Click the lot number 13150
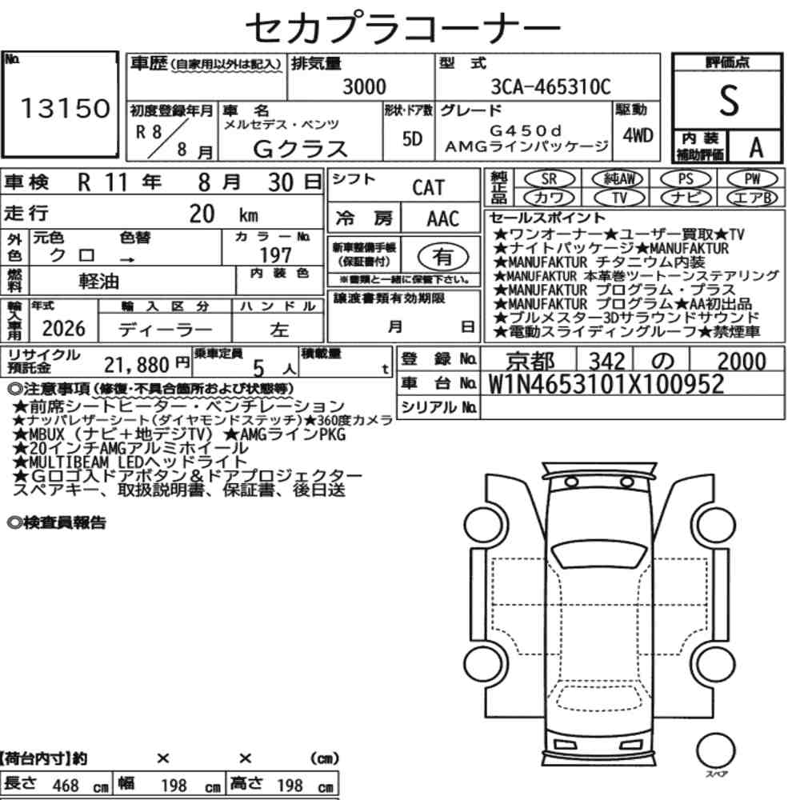65,108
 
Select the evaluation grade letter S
729,101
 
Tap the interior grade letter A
756,148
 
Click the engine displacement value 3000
364,86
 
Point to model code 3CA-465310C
550,86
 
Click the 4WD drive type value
638,136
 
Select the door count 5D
412,138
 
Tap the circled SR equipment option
550,179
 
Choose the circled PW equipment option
752,179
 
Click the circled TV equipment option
619,198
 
